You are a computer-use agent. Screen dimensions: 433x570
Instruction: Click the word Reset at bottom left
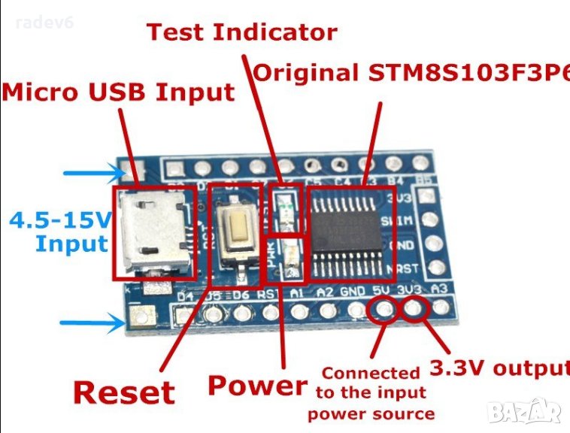[123, 392]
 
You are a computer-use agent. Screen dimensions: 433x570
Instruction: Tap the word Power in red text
[257, 385]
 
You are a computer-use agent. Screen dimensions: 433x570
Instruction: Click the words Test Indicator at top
[241, 32]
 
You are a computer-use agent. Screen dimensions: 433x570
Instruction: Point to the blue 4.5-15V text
[60, 221]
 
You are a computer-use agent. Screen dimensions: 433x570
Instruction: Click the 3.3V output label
[499, 368]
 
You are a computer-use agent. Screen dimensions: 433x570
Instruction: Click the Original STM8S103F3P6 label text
[411, 73]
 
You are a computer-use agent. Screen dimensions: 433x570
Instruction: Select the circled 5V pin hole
[384, 309]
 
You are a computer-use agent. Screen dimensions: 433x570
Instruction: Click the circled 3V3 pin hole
[413, 308]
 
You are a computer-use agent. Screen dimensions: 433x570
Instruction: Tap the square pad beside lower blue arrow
[139, 319]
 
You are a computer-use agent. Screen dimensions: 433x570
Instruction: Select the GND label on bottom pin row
[352, 292]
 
